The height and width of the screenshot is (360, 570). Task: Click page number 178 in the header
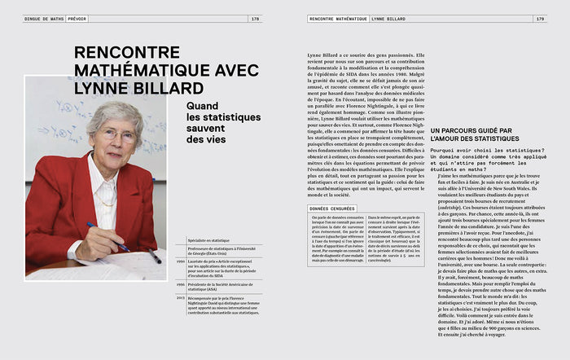tap(255, 19)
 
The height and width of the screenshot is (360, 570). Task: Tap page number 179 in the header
tap(538, 19)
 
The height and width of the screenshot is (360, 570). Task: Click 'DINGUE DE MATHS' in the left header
tap(45, 19)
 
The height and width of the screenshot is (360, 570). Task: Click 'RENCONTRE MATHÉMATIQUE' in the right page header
tap(338, 19)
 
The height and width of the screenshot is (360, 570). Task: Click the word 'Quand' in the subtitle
tap(203, 106)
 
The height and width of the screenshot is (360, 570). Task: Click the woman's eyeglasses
tap(119, 135)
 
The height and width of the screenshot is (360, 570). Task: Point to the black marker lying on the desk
tap(152, 256)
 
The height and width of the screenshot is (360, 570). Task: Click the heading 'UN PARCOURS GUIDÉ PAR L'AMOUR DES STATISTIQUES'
tap(471, 135)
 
